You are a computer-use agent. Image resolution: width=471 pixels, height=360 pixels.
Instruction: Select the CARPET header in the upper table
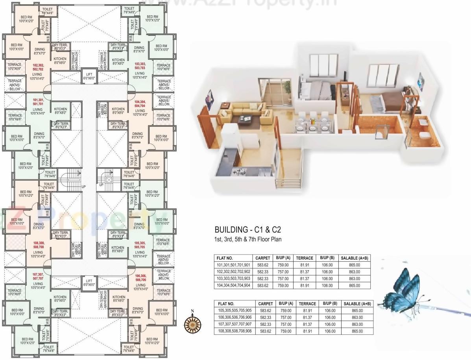pos(263,258)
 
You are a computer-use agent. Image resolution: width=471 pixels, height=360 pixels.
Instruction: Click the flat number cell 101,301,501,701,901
pos(233,265)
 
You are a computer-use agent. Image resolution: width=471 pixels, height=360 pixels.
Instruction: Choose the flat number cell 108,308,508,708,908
pos(234,331)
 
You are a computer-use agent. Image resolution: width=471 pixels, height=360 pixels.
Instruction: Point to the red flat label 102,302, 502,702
pos(38,67)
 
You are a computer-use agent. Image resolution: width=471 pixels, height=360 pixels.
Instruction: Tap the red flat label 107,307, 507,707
pos(38,276)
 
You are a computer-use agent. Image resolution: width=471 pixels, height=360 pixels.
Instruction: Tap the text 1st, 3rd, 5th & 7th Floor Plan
pos(248,239)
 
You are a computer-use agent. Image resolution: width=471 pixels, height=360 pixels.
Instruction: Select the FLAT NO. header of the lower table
pos(226,304)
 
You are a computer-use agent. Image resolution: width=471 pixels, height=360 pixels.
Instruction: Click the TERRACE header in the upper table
pos(305,258)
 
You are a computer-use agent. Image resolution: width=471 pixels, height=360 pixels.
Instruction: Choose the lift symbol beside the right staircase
pos(109,179)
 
